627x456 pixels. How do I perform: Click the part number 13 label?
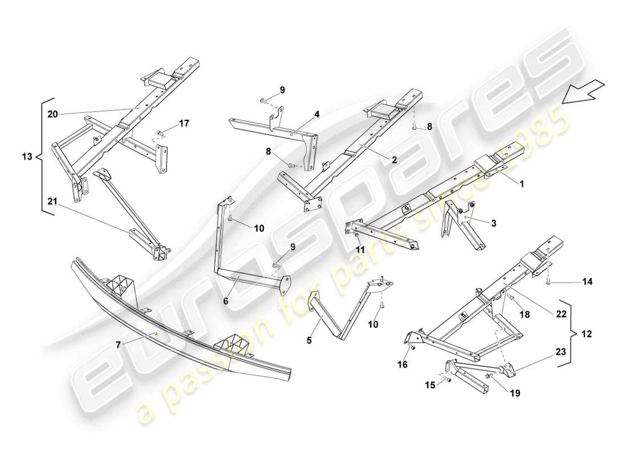[26, 156]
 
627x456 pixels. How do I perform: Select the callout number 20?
[52, 114]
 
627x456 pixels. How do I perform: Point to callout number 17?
[184, 123]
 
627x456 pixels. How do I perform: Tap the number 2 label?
[394, 160]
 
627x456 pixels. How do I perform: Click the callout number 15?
[430, 385]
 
